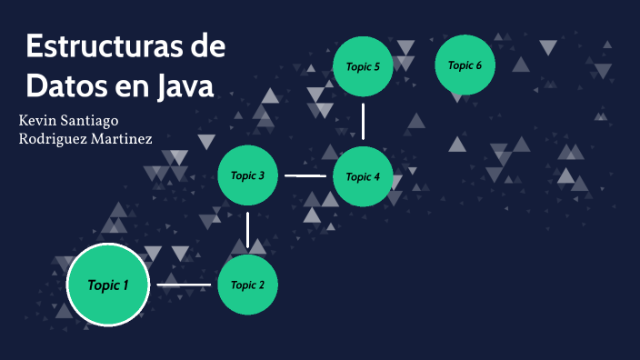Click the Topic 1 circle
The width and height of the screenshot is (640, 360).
[108, 285]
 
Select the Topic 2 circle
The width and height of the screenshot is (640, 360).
[247, 285]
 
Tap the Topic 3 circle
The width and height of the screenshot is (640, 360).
[247, 175]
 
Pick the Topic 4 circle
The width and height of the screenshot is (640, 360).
[363, 176]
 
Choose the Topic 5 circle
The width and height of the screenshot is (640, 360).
[363, 66]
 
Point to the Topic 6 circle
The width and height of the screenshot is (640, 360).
[465, 65]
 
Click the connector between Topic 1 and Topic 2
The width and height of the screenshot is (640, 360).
[184, 285]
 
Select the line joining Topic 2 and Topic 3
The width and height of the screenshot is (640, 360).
[247, 230]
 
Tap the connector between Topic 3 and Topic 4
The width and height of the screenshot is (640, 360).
[305, 175]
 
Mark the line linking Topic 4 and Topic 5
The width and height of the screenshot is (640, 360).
[363, 121]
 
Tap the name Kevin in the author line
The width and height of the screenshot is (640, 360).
[41, 120]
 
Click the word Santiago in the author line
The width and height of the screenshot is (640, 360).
[94, 121]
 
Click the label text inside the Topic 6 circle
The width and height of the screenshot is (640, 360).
[465, 65]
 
